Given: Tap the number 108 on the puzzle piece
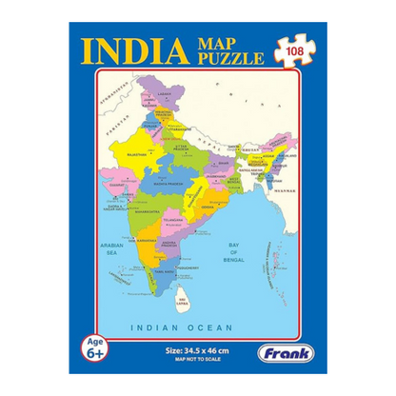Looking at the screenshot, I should click(x=293, y=49).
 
